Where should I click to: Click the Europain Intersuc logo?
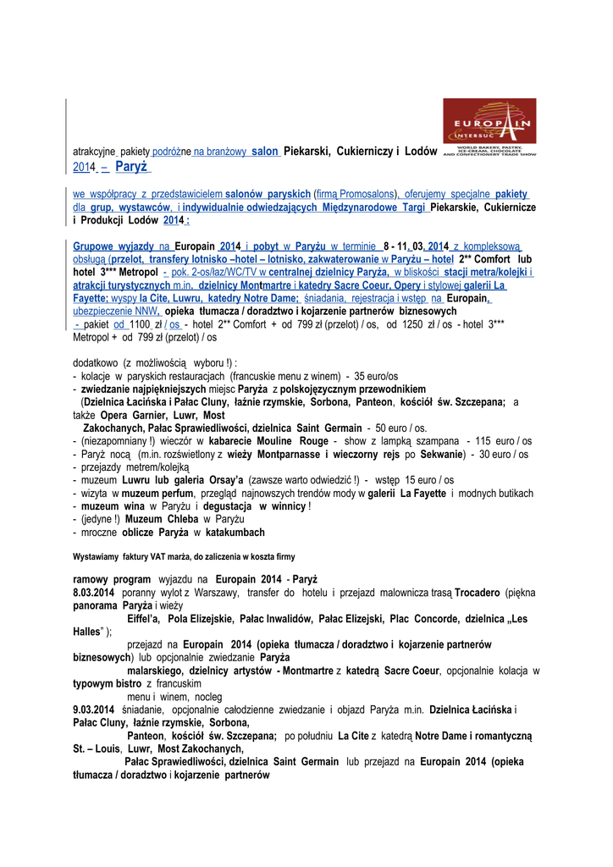click(x=489, y=128)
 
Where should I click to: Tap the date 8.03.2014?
click(x=94, y=593)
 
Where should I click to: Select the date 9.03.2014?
click(x=94, y=709)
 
